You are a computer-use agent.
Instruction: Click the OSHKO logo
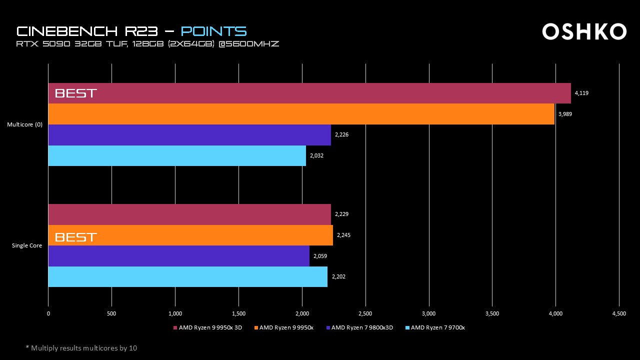pyautogui.click(x=584, y=31)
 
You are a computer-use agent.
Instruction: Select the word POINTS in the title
pyautogui.click(x=213, y=31)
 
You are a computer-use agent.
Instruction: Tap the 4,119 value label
pyautogui.click(x=581, y=93)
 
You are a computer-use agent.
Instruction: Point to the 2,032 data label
pyautogui.click(x=316, y=155)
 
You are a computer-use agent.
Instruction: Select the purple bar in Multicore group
pyautogui.click(x=189, y=135)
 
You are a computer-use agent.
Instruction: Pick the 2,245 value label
pyautogui.click(x=343, y=235)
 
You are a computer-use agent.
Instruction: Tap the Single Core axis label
pyautogui.click(x=27, y=245)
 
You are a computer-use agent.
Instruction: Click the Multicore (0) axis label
pyautogui.click(x=24, y=124)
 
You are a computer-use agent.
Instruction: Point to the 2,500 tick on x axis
pyautogui.click(x=365, y=313)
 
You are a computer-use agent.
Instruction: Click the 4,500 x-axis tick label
pyautogui.click(x=619, y=313)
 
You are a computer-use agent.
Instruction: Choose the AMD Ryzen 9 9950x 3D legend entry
pyautogui.click(x=210, y=328)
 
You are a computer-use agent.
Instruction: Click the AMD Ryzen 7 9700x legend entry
pyautogui.click(x=437, y=328)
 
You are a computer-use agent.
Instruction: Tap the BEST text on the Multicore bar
pyautogui.click(x=75, y=93)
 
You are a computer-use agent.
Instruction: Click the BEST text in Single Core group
pyautogui.click(x=75, y=237)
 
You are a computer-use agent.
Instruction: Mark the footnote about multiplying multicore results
pyautogui.click(x=81, y=348)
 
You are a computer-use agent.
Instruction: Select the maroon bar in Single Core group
pyautogui.click(x=189, y=214)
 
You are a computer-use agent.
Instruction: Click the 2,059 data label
pyautogui.click(x=320, y=256)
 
